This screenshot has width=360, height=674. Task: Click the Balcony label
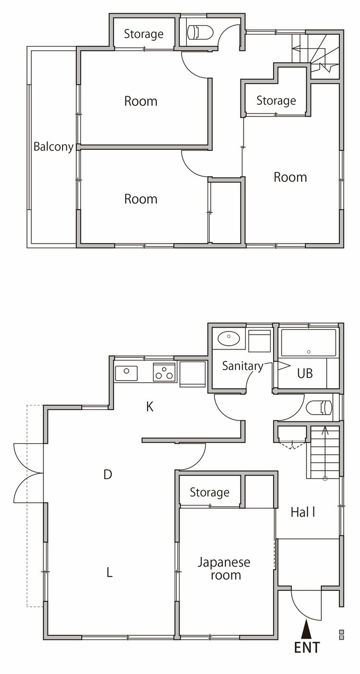point(53,147)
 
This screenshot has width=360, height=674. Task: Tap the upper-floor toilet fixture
point(200,32)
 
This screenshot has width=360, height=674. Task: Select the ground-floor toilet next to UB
point(319,407)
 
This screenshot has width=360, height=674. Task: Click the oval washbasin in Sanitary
point(229,338)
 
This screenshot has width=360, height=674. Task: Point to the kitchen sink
point(127,373)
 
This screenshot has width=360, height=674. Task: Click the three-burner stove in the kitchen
point(164,372)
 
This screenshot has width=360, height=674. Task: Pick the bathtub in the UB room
point(308,343)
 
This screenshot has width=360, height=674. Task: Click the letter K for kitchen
point(150,407)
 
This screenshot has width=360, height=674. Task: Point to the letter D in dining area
point(107,474)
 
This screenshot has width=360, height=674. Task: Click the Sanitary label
point(242,366)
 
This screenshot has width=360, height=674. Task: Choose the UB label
point(305,373)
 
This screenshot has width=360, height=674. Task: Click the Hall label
point(303,512)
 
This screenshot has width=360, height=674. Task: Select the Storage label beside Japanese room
point(210,492)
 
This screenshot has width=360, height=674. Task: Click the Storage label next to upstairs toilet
point(144,34)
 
